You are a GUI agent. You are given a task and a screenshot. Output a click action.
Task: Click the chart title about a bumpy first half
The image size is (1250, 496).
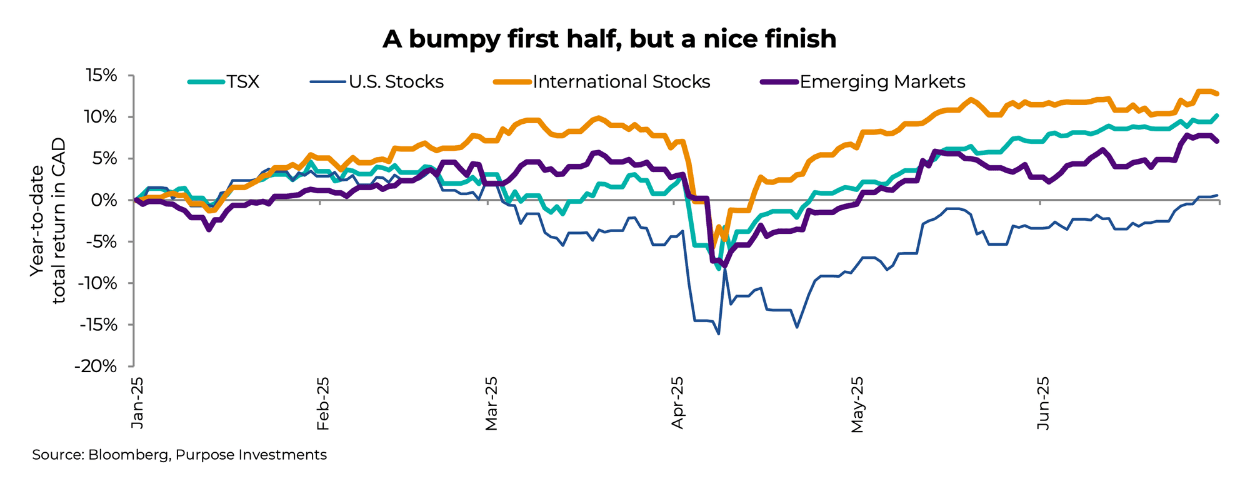(609, 39)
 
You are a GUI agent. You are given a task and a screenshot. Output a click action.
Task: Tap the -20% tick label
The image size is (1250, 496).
(96, 367)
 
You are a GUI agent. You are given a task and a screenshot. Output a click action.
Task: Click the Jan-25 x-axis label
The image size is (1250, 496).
(137, 403)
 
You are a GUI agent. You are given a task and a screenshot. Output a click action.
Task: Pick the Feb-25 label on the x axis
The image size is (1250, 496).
(322, 403)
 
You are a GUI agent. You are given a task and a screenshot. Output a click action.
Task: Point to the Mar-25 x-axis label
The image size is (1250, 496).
(491, 403)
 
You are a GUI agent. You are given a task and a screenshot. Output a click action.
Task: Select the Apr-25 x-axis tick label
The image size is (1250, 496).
(677, 403)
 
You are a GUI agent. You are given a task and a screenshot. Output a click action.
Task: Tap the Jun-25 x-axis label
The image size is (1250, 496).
(1042, 403)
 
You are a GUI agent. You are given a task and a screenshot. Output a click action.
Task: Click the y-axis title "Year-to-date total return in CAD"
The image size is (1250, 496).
(49, 220)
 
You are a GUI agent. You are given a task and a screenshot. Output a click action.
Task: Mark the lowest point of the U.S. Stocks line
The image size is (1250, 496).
(719, 334)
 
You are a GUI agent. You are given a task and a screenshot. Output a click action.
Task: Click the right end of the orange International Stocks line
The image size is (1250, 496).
(1217, 94)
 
